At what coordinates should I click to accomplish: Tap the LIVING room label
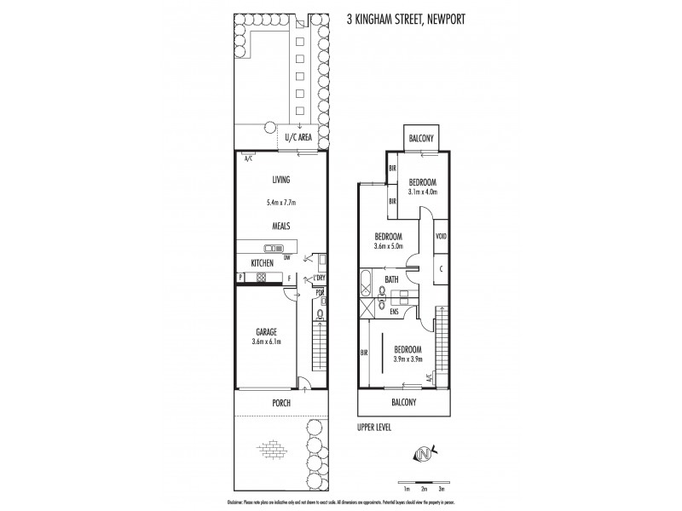tap(281, 180)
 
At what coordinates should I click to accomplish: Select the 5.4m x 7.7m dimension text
tap(281, 203)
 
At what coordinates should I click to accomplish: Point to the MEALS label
tap(281, 226)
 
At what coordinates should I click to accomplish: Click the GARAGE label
tap(266, 332)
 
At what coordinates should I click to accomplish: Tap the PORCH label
tap(282, 403)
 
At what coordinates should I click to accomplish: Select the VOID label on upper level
tap(442, 237)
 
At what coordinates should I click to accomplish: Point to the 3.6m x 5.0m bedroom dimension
tap(388, 247)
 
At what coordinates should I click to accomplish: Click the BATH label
tap(392, 278)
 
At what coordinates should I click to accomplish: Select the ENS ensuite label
tap(394, 312)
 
